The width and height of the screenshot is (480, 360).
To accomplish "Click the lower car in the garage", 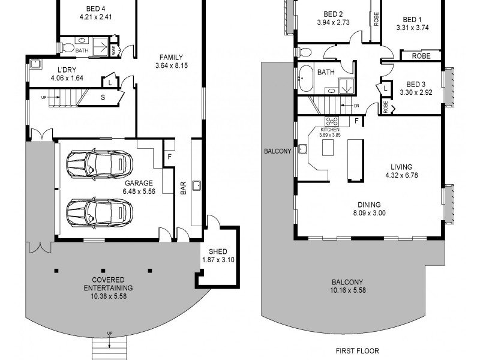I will click(x=99, y=212).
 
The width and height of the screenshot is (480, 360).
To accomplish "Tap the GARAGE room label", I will click(x=139, y=183).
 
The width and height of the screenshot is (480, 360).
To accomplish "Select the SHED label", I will click(x=217, y=251).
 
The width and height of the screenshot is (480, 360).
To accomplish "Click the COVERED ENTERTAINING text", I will click(x=108, y=280).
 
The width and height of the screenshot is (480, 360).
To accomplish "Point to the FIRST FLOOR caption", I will click(x=358, y=350).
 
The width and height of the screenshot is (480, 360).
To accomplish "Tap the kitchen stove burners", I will click(x=330, y=138).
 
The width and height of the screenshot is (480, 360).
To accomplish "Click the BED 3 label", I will click(x=416, y=84).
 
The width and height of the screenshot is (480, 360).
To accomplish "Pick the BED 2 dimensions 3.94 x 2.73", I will click(x=333, y=23).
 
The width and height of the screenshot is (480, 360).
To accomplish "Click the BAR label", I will click(x=183, y=188).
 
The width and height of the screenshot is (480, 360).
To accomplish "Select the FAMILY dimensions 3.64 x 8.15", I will click(x=172, y=65).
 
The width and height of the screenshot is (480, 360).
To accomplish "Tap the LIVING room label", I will click(x=401, y=167).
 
